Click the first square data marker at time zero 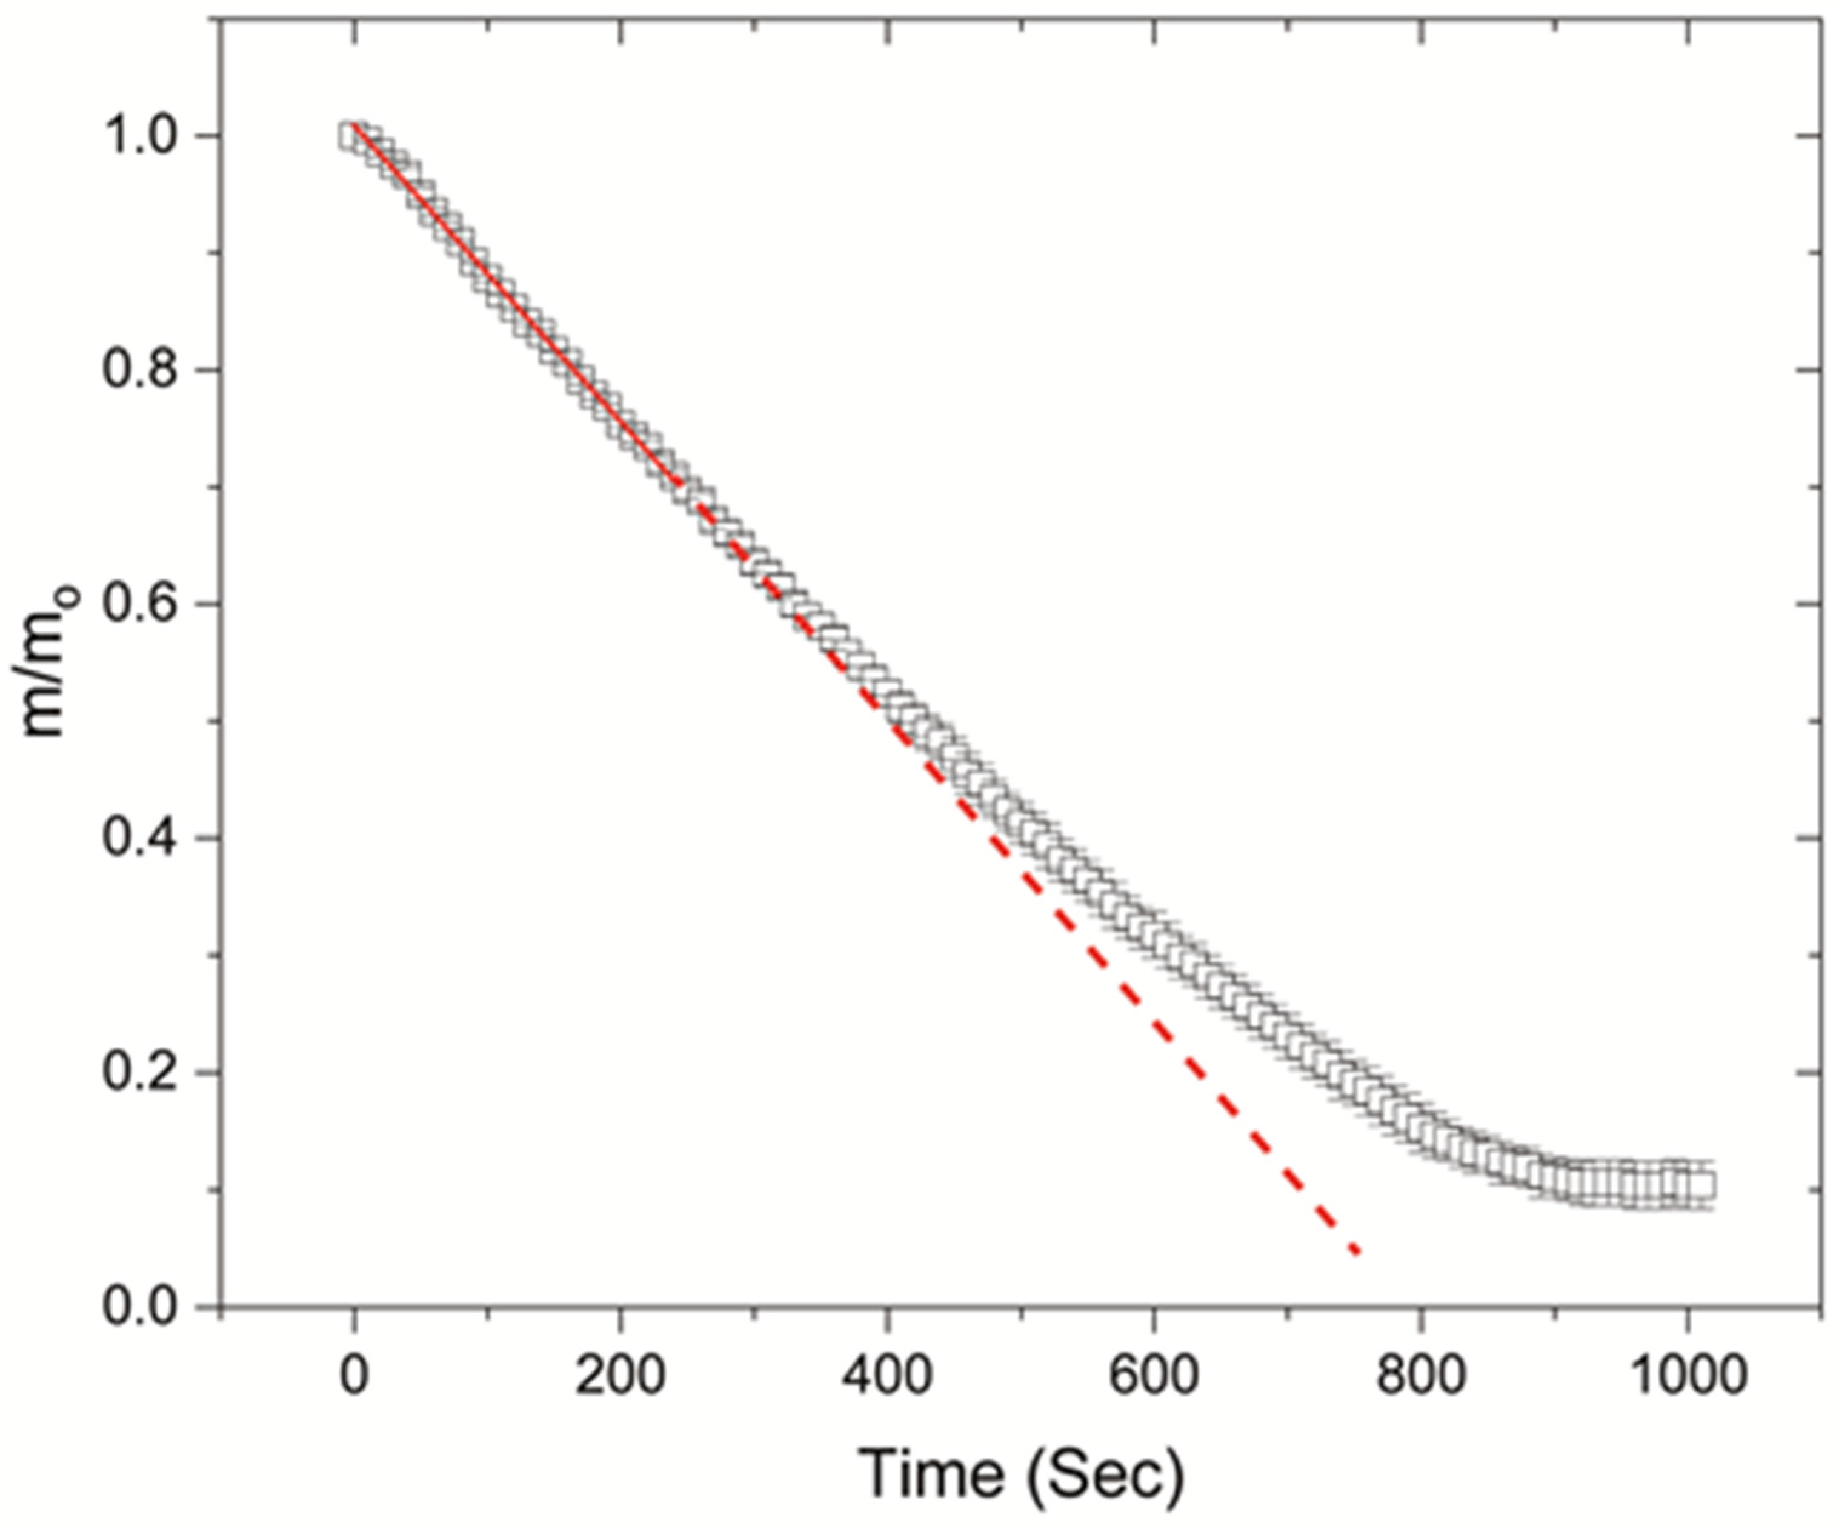[x=352, y=138]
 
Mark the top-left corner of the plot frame [x=221, y=20]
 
